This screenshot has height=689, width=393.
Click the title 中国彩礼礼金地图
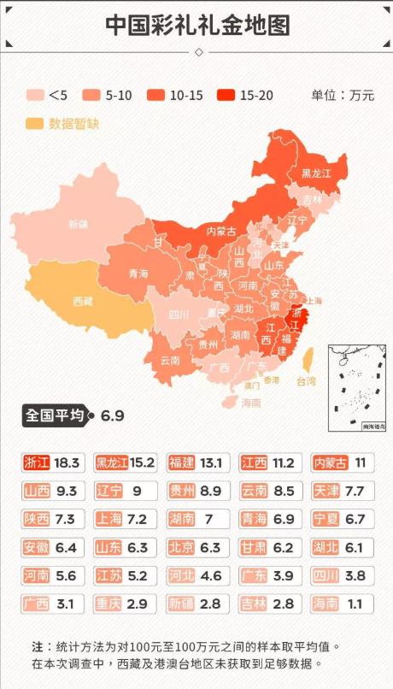click(196, 25)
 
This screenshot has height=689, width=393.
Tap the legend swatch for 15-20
click(228, 95)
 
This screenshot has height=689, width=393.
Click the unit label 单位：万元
click(343, 95)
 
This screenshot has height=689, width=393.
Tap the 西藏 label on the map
click(83, 301)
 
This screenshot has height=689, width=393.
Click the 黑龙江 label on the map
click(315, 173)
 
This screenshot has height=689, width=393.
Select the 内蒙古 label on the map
click(221, 231)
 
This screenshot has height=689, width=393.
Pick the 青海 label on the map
click(138, 274)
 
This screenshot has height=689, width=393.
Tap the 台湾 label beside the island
click(306, 380)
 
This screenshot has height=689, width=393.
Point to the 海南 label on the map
click(250, 402)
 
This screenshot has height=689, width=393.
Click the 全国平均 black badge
click(55, 415)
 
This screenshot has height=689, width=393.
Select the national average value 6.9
click(113, 416)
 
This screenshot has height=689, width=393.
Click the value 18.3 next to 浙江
click(67, 463)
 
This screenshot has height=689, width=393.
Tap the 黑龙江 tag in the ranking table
click(112, 463)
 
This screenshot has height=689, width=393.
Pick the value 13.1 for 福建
click(209, 463)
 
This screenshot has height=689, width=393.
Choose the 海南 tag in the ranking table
click(326, 604)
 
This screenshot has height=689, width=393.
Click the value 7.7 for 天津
click(354, 492)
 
